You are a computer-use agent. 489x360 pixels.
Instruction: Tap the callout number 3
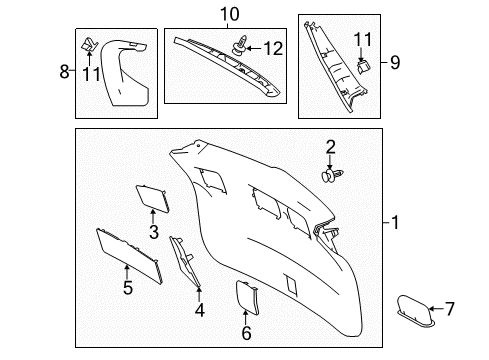(x=154, y=232)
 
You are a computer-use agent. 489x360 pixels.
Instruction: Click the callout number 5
(x=127, y=287)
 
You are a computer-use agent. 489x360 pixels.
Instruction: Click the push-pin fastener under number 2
(x=331, y=176)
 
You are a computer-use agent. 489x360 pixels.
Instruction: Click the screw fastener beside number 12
(x=242, y=46)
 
